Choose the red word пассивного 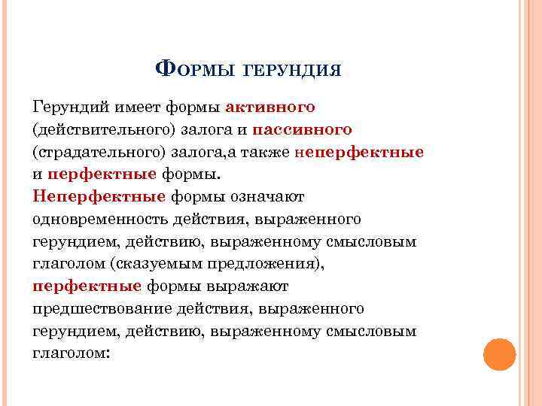[x=303, y=129]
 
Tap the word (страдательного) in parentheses [x=96, y=152]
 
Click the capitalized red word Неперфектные [x=99, y=197]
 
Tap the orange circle [x=499, y=353]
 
